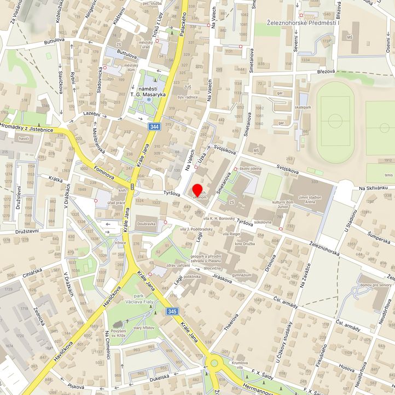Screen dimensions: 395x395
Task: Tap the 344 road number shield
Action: pyautogui.click(x=154, y=127)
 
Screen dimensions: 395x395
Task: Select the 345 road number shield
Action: pyautogui.click(x=172, y=311)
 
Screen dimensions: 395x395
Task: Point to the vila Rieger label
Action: pyautogui.click(x=233, y=234)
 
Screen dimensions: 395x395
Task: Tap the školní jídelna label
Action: pyautogui.click(x=251, y=169)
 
